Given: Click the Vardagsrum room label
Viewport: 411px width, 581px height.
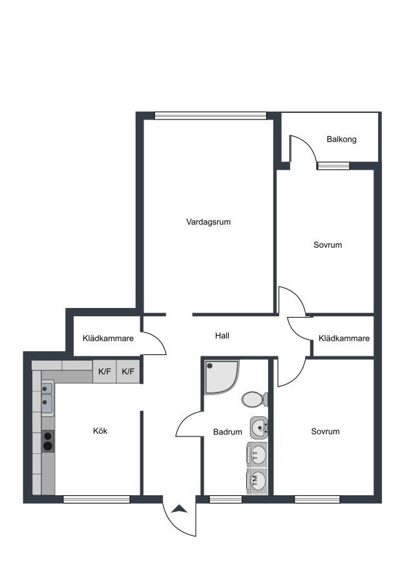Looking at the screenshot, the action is coord(208,222).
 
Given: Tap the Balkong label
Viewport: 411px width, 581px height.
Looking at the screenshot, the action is coord(341,139).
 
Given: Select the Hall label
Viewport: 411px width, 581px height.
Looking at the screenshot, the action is coord(222,336).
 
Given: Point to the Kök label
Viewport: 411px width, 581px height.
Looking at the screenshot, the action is coord(100,431).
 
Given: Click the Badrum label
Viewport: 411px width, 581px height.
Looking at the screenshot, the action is coord(227,432).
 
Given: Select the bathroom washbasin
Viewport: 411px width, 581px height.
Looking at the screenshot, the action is coord(259,428).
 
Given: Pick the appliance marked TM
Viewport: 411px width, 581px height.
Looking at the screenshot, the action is coord(257,481).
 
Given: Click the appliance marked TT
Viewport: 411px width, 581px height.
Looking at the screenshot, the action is coord(257,454).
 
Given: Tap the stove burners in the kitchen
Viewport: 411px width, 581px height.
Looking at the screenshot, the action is coord(47,441).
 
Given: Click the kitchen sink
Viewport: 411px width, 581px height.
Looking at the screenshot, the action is coord(47,399).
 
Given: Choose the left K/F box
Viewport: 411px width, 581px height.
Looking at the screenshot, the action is coord(105,371).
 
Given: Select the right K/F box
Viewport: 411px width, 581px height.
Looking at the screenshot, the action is coord(129,371).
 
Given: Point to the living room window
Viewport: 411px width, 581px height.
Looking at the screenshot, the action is coord(211,116).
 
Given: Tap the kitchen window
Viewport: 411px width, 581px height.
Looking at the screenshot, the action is coord(96,500).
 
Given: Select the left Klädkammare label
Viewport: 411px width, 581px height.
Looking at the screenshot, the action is coord(108,338).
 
